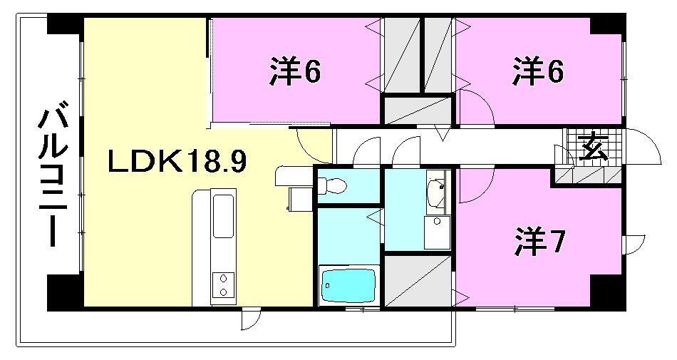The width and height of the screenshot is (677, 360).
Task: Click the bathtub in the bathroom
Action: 348,286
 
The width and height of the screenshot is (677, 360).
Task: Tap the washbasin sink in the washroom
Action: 436,190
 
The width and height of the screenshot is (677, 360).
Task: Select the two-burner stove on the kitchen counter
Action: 223,284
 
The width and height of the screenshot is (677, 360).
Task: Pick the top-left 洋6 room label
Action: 295,71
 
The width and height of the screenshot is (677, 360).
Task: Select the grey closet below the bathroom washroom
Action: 417,281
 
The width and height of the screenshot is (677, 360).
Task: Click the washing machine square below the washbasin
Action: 437,232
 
